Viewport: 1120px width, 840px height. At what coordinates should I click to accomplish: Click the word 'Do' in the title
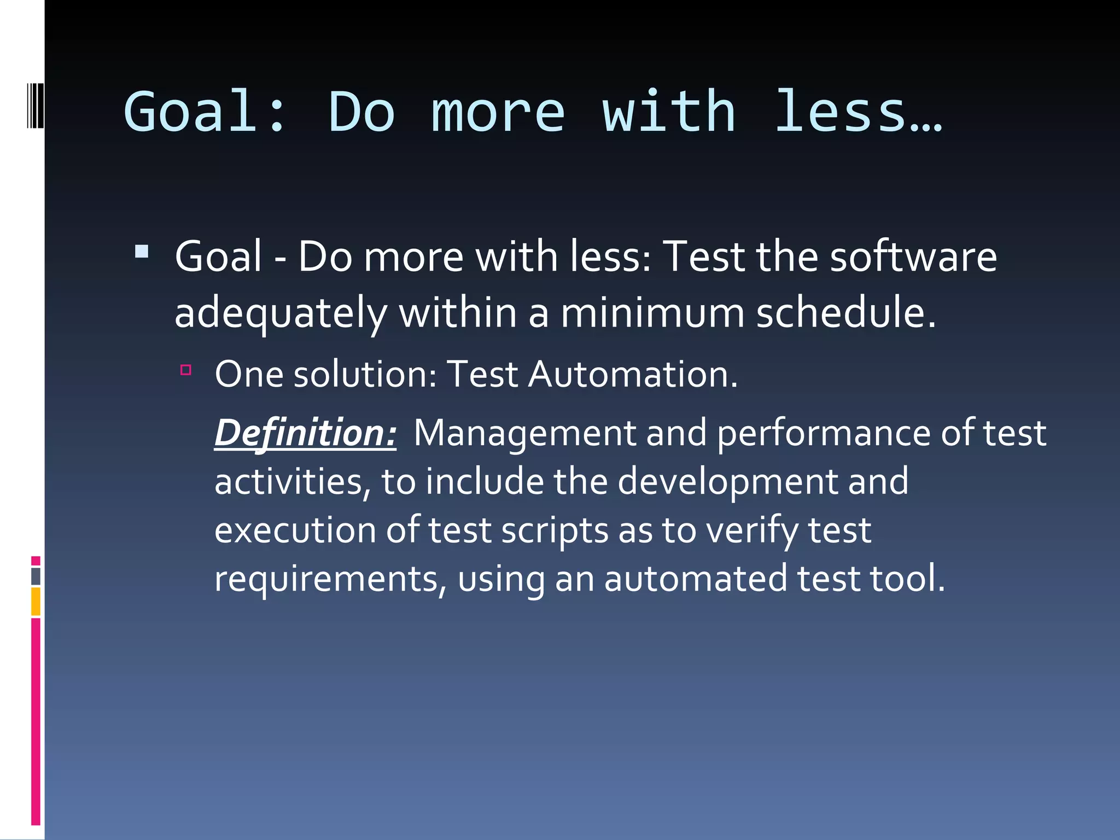(x=361, y=112)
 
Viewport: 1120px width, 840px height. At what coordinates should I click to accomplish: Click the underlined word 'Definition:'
(x=305, y=433)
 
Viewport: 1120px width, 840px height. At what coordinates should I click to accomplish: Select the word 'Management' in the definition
(x=524, y=433)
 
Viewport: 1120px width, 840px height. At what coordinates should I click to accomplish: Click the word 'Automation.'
(x=633, y=375)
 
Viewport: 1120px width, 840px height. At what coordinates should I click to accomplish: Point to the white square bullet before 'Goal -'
(x=142, y=252)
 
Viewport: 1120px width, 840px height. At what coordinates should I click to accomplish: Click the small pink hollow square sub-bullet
(x=186, y=370)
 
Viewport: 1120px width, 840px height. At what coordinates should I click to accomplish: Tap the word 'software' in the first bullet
(x=913, y=257)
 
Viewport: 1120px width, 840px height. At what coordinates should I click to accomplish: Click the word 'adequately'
(x=281, y=314)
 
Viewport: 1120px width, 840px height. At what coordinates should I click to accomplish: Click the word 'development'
(x=727, y=482)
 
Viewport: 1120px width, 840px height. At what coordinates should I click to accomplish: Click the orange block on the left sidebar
(x=36, y=602)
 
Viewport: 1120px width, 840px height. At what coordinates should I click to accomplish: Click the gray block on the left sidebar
(x=36, y=576)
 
